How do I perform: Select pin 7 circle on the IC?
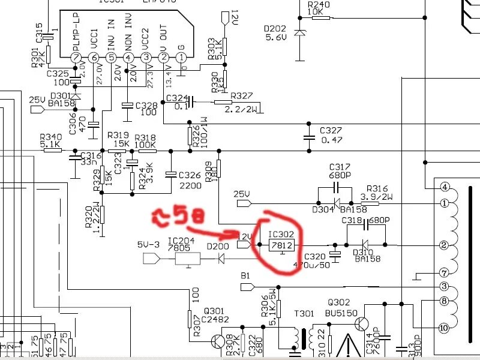[76, 58]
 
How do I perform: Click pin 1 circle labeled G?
[181, 58]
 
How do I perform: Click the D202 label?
[274, 27]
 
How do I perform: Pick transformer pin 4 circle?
[445, 187]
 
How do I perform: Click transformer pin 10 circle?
[445, 328]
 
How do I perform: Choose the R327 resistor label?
[241, 96]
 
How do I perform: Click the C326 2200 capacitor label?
[190, 180]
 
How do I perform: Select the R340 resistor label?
[50, 137]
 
